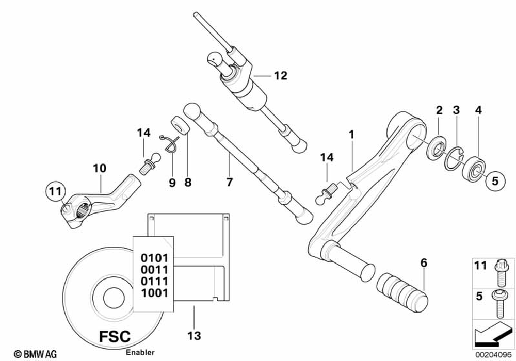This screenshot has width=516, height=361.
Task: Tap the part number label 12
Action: point(280,76)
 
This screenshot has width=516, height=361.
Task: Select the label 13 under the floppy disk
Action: point(193,336)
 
